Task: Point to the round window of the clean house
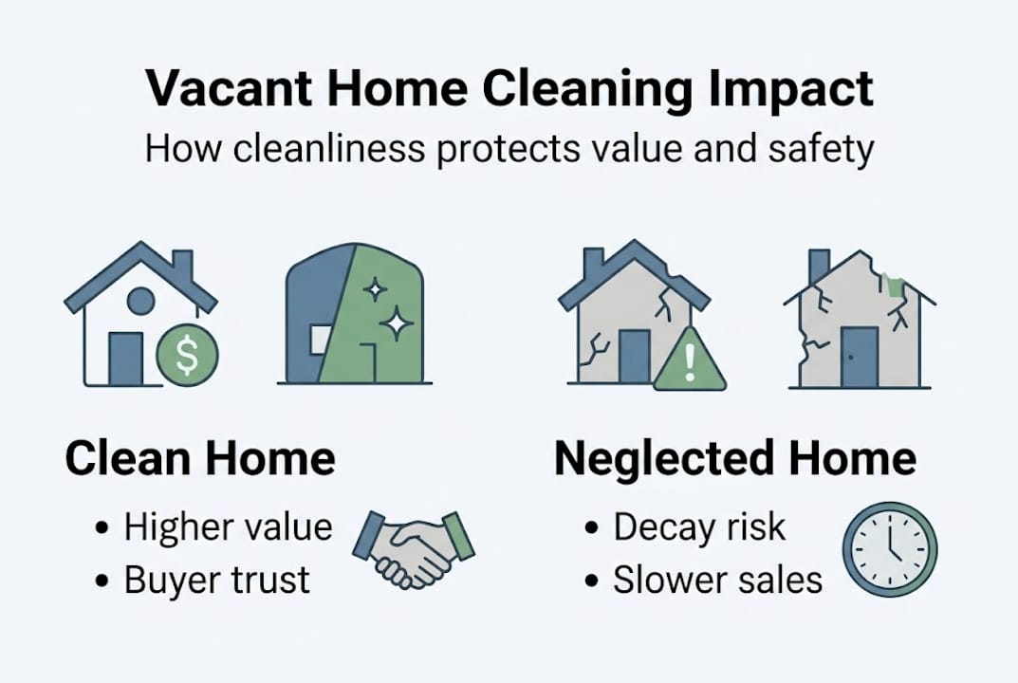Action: [140, 302]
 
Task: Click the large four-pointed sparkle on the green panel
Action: [396, 323]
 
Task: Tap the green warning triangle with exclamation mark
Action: [690, 363]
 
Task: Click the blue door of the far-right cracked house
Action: [859, 357]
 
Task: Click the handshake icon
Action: [414, 547]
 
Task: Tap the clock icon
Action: [889, 549]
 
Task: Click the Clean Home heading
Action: [200, 459]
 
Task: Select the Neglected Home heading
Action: [735, 459]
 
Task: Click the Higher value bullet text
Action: [228, 527]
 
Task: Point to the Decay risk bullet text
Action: [699, 527]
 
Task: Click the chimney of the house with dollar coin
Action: [182, 266]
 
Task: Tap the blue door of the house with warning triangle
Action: [635, 357]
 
